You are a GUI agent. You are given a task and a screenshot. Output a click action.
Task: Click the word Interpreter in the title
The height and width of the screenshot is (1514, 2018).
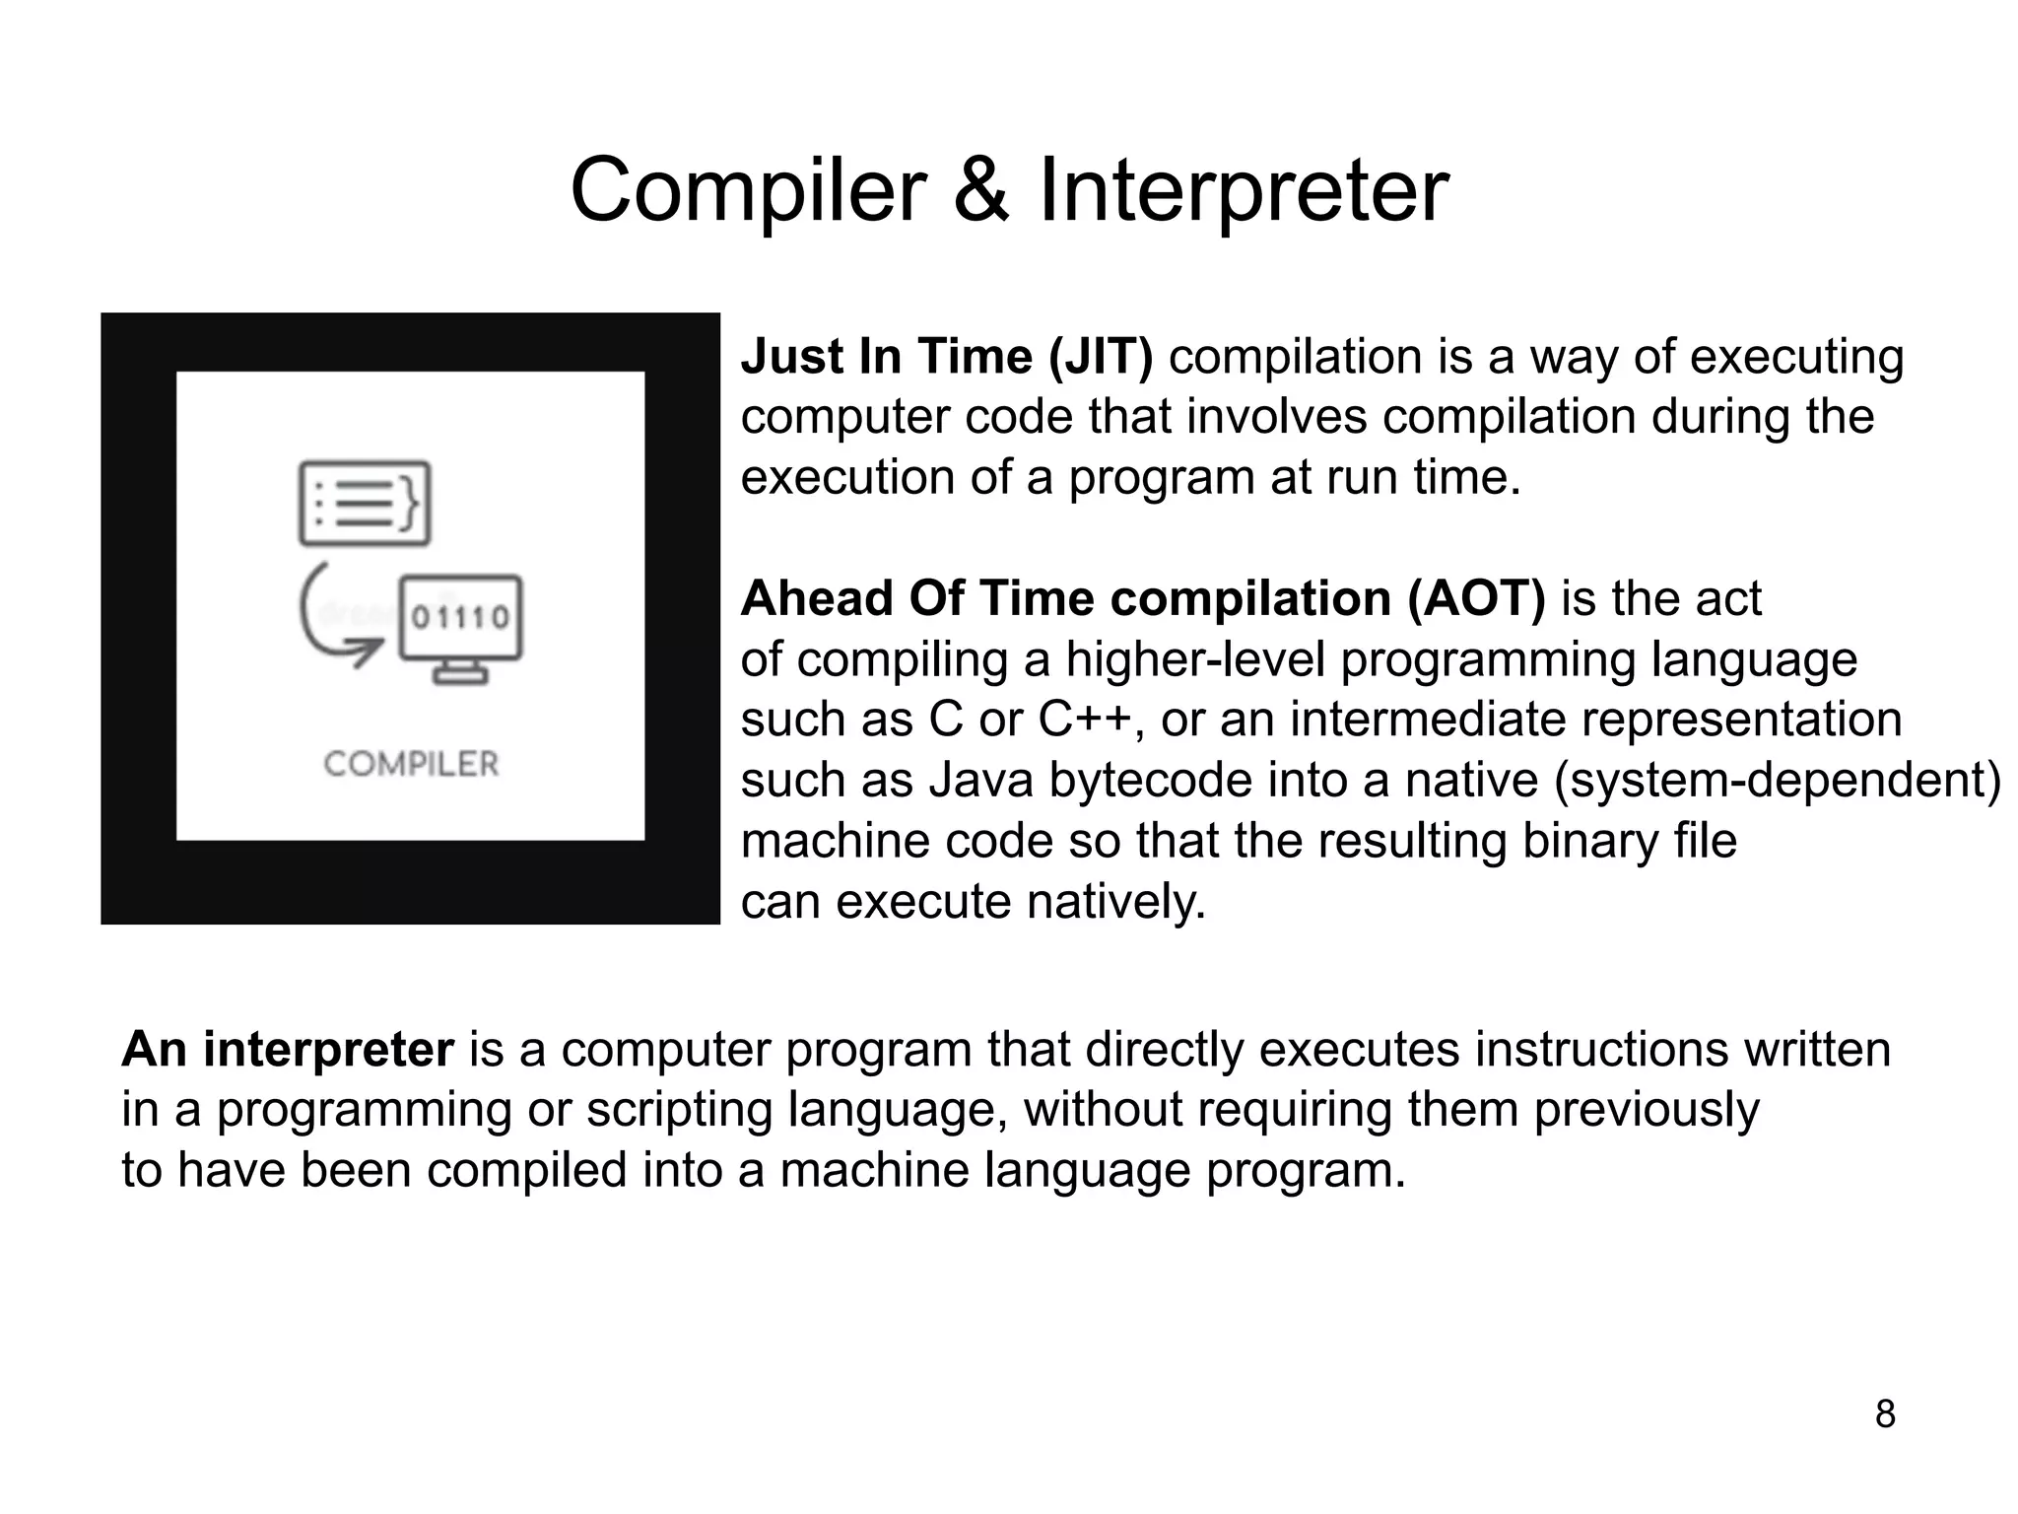(x=1244, y=190)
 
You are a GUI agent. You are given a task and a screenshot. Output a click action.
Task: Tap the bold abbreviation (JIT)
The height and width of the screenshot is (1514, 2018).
(x=1100, y=356)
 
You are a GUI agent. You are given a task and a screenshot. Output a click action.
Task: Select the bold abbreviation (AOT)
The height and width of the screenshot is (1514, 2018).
(x=1477, y=598)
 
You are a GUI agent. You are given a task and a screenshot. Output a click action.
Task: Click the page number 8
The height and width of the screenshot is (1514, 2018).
(x=1884, y=1413)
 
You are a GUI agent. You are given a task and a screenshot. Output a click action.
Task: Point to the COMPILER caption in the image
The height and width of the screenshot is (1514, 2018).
(x=411, y=763)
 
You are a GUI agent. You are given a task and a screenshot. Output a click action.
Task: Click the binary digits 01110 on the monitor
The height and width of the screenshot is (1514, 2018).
(x=460, y=618)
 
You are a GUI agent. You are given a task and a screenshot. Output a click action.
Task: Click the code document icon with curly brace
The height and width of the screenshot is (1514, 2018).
(x=365, y=503)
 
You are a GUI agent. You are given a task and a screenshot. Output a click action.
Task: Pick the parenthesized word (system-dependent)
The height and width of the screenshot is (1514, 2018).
(x=1777, y=781)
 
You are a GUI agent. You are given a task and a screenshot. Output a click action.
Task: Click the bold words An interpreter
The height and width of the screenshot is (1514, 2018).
(x=288, y=1049)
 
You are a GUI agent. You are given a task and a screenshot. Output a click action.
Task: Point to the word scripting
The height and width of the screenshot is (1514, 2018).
(x=680, y=1110)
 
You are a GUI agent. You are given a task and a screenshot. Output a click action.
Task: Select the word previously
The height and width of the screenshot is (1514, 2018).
(x=1646, y=1110)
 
